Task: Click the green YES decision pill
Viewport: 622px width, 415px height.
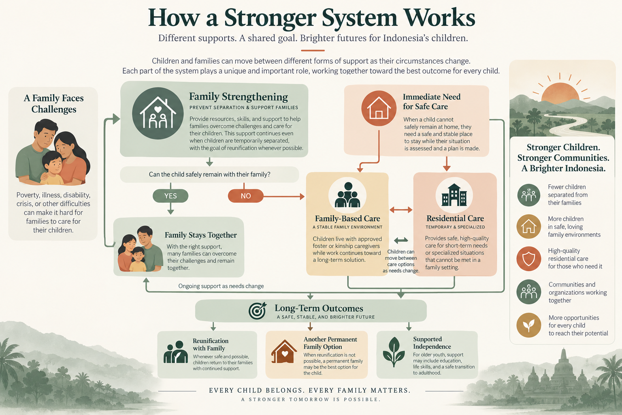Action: pyautogui.click(x=170, y=196)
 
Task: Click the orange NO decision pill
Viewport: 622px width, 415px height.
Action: pyautogui.click(x=246, y=196)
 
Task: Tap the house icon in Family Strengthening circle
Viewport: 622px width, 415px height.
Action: pyautogui.click(x=158, y=113)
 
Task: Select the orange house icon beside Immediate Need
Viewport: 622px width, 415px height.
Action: pyautogui.click(x=379, y=108)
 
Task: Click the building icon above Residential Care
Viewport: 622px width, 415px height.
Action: pyautogui.click(x=454, y=195)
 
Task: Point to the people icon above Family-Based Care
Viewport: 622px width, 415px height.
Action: pyautogui.click(x=347, y=195)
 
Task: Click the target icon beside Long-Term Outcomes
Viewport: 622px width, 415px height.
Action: pyautogui.click(x=258, y=310)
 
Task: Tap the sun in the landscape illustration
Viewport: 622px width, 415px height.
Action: pyautogui.click(x=560, y=92)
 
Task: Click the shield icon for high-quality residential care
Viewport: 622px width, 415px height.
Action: pyautogui.click(x=529, y=259)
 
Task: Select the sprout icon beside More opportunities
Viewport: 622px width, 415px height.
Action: pyautogui.click(x=529, y=325)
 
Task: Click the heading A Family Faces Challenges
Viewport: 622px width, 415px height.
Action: pyautogui.click(x=53, y=104)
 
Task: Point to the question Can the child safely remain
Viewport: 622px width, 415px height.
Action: pyautogui.click(x=209, y=175)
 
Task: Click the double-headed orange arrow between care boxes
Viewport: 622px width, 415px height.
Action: pyautogui.click(x=400, y=210)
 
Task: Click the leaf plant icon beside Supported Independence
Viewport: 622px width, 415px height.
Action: pyautogui.click(x=394, y=352)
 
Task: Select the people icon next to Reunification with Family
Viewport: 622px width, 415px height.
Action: pyautogui.click(x=175, y=352)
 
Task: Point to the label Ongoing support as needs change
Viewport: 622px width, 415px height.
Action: pyautogui.click(x=221, y=286)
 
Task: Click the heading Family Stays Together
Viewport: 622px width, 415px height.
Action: pyautogui.click(x=200, y=235)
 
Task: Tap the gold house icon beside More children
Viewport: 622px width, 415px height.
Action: pyautogui.click(x=529, y=227)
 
